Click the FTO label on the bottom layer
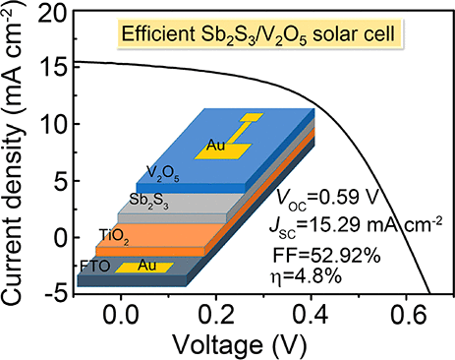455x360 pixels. (96, 267)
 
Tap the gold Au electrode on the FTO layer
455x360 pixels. (144, 267)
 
